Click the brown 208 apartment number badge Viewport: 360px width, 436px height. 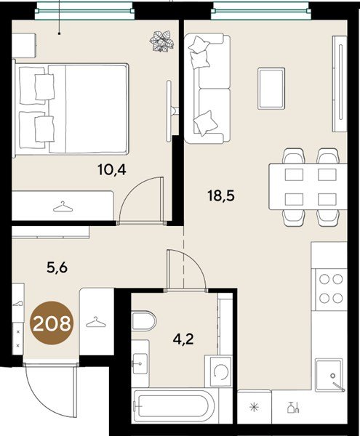52,323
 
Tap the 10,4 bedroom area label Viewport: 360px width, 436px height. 112,169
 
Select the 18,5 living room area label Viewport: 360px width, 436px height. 221,195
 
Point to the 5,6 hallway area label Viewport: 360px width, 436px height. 57,268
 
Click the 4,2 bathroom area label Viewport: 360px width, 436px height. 183,339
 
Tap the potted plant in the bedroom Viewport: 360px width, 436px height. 161,41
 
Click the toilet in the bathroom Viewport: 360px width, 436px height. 144,320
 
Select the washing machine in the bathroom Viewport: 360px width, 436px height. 218,371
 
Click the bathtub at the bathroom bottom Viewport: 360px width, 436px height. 175,405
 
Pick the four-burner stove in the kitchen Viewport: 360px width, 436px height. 330,289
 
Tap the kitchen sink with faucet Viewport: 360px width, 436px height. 330,375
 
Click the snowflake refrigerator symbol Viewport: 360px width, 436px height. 254,408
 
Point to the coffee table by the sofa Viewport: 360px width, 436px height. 271,89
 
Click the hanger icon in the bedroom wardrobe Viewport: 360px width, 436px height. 63,207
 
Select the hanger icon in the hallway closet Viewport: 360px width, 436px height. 96,322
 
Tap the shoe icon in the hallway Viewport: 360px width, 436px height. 17,303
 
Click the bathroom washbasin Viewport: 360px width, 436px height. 140,363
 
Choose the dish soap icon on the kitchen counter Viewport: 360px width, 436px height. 293,408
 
